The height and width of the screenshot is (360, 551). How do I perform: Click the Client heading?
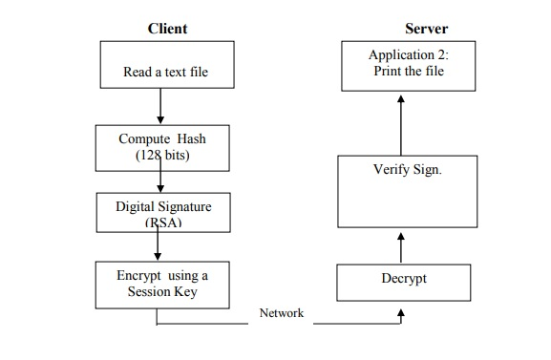click(x=167, y=29)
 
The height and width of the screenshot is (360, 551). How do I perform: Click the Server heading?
click(x=426, y=29)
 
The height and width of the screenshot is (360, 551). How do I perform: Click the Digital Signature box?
click(x=163, y=210)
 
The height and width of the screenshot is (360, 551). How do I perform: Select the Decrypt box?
click(x=404, y=280)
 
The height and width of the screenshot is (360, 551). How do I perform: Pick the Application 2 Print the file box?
click(x=408, y=65)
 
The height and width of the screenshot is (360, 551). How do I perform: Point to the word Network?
click(x=282, y=313)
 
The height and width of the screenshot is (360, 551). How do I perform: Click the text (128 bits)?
click(x=161, y=156)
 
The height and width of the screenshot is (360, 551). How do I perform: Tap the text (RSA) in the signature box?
click(x=162, y=222)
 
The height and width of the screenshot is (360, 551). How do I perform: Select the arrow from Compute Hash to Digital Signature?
click(x=159, y=178)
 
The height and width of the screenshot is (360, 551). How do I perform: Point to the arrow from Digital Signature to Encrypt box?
click(x=158, y=245)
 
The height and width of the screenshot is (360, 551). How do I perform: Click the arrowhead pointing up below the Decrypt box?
click(x=401, y=311)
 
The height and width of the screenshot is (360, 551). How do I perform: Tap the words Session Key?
click(x=162, y=292)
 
